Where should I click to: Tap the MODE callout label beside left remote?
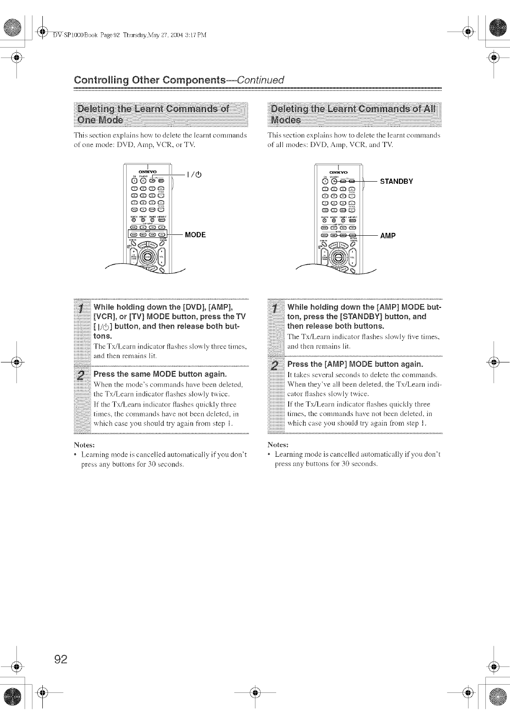pyautogui.click(x=195, y=235)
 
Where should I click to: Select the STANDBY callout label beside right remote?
pyautogui.click(x=396, y=181)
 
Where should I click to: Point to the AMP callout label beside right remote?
pyautogui.click(x=388, y=236)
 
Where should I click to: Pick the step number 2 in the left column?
pyautogui.click(x=81, y=375)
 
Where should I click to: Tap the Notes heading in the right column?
pyautogui.click(x=278, y=445)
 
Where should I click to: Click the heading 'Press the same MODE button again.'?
pyautogui.click(x=160, y=374)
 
